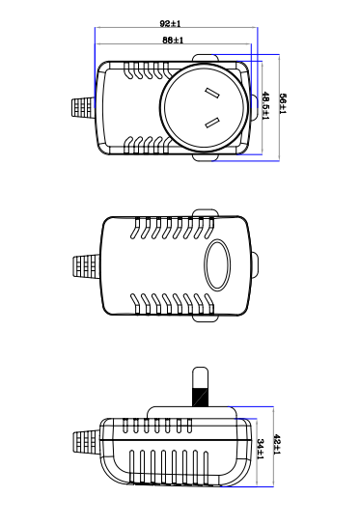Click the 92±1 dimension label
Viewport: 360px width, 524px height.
(x=170, y=24)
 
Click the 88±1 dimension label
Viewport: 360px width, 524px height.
(x=173, y=41)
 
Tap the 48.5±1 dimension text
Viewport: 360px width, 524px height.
(x=265, y=106)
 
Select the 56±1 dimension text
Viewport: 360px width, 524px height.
(x=283, y=104)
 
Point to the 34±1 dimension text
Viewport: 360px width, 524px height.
(x=261, y=449)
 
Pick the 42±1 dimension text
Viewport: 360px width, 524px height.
(x=277, y=444)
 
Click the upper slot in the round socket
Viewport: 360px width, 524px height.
(x=212, y=94)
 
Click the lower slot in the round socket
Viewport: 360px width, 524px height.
(x=212, y=124)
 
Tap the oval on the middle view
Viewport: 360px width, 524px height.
(x=217, y=264)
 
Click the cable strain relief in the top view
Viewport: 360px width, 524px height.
(x=84, y=107)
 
